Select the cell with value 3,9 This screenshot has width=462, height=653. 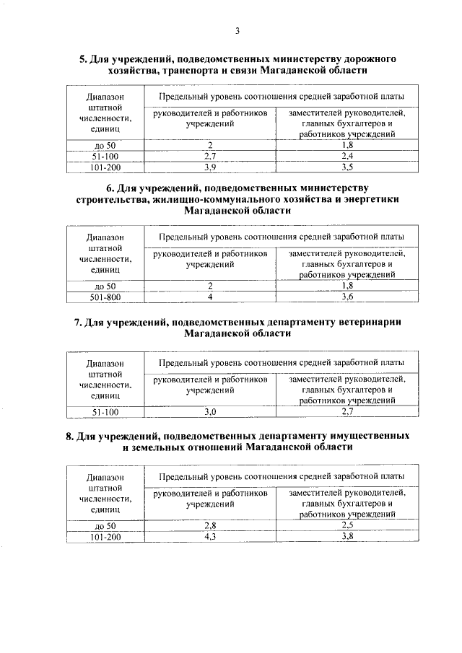210,167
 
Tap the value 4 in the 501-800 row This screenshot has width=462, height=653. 210,297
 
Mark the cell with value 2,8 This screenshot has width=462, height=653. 210,525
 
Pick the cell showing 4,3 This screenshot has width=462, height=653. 210,536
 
